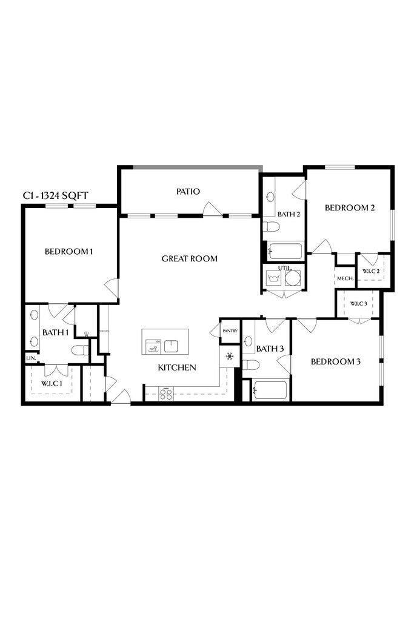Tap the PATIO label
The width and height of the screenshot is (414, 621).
click(188, 192)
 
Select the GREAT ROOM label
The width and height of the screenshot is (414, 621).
click(189, 259)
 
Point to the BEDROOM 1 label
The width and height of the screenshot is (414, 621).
click(68, 252)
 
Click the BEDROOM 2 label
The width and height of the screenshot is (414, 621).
click(350, 208)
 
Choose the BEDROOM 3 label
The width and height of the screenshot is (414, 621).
click(335, 362)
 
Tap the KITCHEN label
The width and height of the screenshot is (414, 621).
click(176, 368)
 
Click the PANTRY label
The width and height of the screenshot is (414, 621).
click(230, 331)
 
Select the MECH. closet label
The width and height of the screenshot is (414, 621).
click(345, 278)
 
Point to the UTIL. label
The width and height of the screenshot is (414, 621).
click(285, 267)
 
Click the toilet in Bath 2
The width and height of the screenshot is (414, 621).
click(272, 227)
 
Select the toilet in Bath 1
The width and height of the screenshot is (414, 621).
click(79, 350)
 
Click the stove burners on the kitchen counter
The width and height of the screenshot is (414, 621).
click(165, 394)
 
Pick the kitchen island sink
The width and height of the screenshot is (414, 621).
click(172, 346)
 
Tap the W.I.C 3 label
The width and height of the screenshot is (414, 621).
click(358, 303)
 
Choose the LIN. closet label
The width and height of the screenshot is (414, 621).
click(30, 358)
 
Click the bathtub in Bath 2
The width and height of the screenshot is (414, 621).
click(284, 251)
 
